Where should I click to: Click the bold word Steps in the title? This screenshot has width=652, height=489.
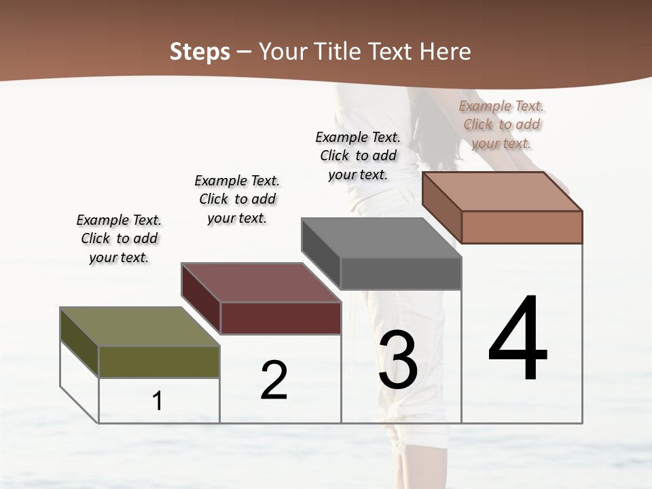[200, 52]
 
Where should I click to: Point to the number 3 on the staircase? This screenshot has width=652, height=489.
[398, 360]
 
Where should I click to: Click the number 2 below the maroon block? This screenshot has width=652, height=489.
[274, 380]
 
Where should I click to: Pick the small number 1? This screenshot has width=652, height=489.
[158, 401]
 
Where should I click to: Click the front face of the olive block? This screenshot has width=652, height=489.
[159, 361]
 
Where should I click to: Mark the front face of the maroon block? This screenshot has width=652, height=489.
[280, 318]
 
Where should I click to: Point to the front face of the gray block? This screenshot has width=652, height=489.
[401, 273]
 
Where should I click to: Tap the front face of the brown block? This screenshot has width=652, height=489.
[522, 227]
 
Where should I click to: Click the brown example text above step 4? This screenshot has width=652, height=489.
[501, 124]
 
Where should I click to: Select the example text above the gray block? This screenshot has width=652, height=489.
[358, 156]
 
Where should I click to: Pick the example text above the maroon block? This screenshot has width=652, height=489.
[237, 199]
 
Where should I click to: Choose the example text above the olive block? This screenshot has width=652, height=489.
[119, 238]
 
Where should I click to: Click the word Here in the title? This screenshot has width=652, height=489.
[446, 52]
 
